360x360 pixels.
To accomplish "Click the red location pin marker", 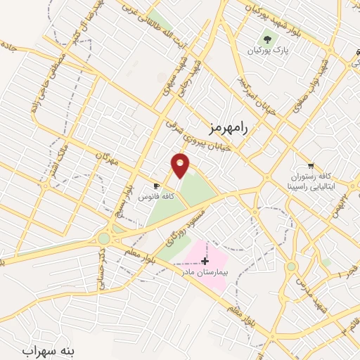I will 181,165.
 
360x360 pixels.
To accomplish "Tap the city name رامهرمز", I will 229,127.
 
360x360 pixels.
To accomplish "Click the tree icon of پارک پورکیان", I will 266,39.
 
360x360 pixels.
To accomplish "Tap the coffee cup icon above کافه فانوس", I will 157,186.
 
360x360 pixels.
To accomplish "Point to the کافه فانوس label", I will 156,198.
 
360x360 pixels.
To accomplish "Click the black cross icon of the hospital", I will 205,261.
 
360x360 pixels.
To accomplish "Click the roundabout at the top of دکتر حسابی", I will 104,239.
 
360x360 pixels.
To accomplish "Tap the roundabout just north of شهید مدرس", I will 291,266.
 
